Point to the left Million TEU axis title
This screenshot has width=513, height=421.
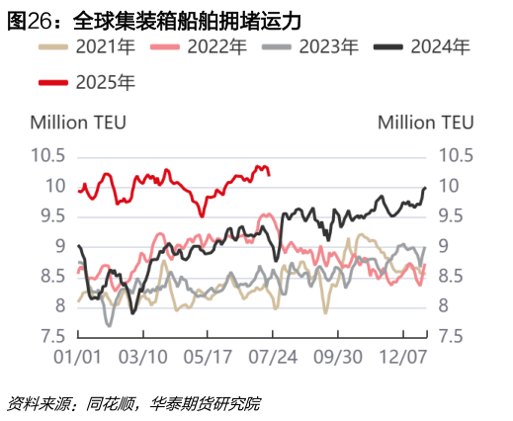click(x=78, y=123)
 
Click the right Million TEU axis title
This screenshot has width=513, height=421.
click(x=426, y=123)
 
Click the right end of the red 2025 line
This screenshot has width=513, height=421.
click(x=270, y=174)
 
